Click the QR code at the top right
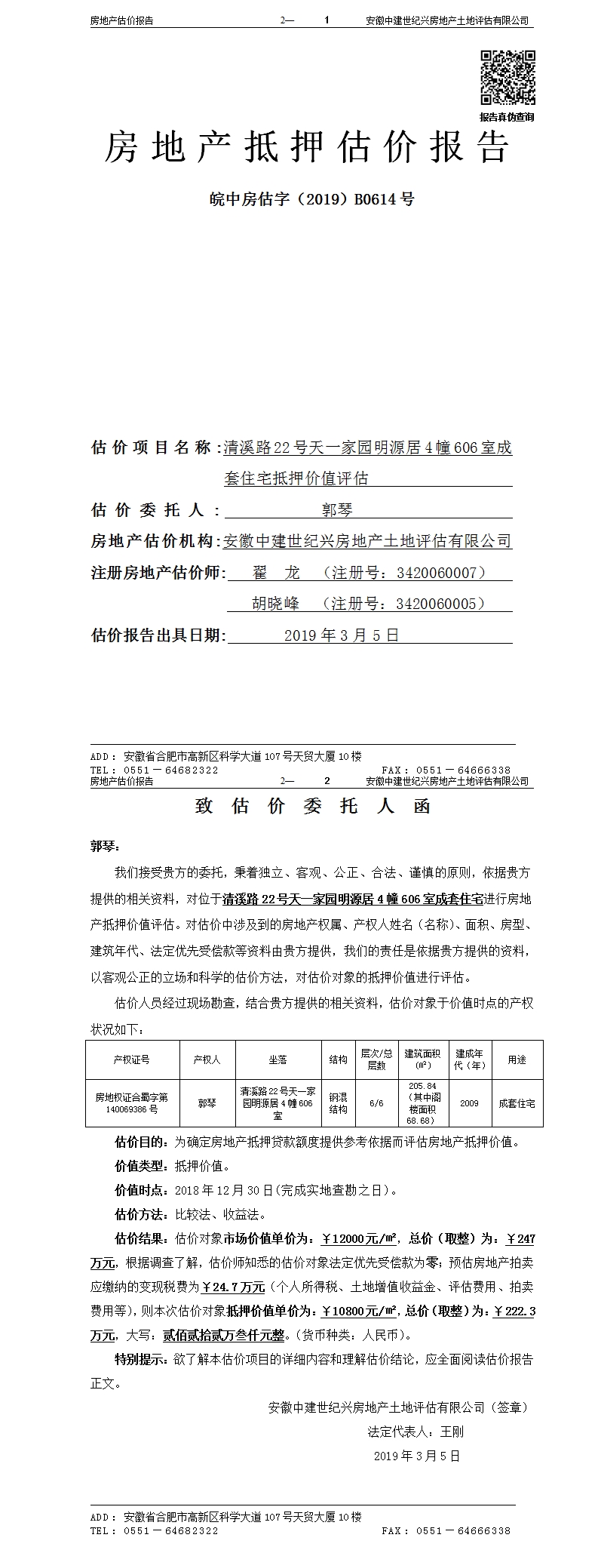(x=508, y=78)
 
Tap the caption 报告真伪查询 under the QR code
(x=507, y=117)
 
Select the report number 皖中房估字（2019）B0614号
(x=311, y=199)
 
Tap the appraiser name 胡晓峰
(x=275, y=604)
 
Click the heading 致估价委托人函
(x=312, y=806)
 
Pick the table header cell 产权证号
(x=132, y=1060)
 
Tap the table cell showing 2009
(x=469, y=1103)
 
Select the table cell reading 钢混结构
(x=338, y=1103)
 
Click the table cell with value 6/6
(x=376, y=1103)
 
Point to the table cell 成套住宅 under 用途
(x=517, y=1103)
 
